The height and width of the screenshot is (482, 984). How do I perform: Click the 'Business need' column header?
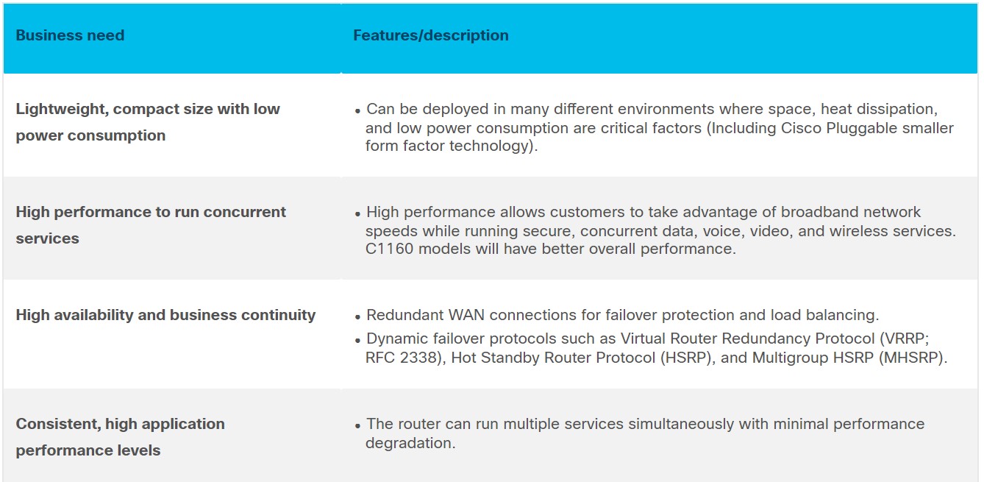point(71,35)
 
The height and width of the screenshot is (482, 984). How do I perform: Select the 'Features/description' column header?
point(431,35)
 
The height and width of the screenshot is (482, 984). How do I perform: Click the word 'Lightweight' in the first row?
point(63,109)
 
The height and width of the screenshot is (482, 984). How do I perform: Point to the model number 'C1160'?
point(390,249)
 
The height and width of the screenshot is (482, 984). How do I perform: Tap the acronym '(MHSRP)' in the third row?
point(910,358)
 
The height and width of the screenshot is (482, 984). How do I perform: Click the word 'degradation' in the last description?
point(408,443)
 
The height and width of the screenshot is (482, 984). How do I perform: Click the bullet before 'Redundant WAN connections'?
point(357,316)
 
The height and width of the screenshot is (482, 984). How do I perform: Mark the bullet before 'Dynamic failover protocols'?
point(357,341)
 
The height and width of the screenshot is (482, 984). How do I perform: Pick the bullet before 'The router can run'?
point(357,426)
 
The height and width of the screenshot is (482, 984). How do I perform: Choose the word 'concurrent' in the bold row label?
point(244,212)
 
